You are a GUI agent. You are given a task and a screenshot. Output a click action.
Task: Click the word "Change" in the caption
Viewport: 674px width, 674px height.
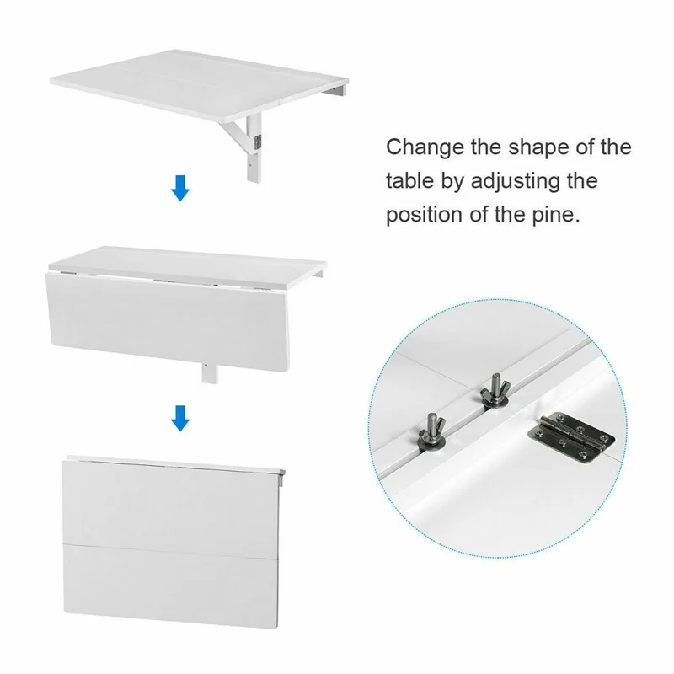425,148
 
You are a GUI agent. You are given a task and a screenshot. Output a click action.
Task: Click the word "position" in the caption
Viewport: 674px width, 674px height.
424,215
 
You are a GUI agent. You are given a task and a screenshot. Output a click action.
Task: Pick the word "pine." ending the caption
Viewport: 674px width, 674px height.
556,215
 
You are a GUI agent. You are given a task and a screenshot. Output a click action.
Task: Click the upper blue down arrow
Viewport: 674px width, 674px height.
180,188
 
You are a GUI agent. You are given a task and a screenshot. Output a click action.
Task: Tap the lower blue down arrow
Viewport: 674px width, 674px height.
180,418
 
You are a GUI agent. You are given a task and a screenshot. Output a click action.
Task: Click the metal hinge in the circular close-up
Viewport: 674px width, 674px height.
571,437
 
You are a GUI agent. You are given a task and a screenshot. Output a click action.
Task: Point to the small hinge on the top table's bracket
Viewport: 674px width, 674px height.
258,142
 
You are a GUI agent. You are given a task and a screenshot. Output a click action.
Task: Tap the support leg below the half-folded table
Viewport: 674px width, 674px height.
209,373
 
